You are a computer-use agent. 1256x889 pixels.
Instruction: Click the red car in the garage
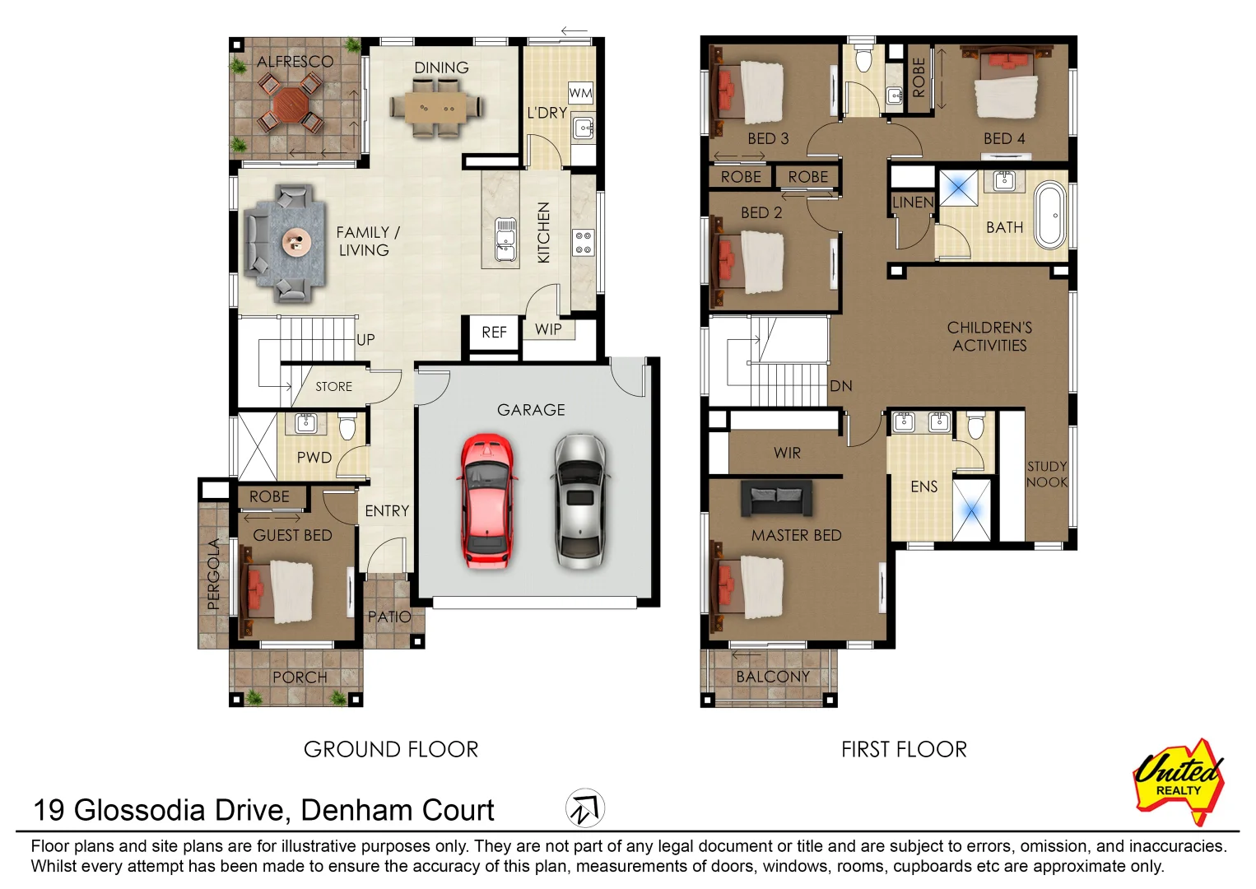(x=487, y=501)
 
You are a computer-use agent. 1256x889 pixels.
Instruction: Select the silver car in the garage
(x=580, y=501)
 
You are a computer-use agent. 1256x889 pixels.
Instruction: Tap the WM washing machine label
(x=580, y=92)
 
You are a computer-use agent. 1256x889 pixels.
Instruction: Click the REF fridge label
(x=494, y=333)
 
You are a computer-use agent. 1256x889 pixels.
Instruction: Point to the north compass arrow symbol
(x=585, y=808)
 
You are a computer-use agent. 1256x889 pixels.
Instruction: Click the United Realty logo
(x=1179, y=782)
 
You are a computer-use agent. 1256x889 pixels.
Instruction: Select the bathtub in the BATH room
(x=1049, y=215)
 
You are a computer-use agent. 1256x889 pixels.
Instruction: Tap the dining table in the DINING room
(x=437, y=107)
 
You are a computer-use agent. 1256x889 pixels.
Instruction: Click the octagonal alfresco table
(x=290, y=106)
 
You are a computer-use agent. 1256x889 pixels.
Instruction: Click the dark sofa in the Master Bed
(x=776, y=498)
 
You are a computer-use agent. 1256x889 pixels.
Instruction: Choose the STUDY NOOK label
(x=1047, y=474)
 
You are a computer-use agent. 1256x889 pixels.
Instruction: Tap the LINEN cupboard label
(x=913, y=202)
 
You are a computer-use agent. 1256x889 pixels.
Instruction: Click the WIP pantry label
(x=548, y=329)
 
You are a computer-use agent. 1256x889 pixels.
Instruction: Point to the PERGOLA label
(x=213, y=574)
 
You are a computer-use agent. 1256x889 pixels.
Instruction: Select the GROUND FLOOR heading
(x=391, y=749)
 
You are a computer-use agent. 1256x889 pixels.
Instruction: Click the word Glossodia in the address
(x=139, y=810)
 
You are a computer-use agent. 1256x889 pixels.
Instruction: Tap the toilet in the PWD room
(x=347, y=427)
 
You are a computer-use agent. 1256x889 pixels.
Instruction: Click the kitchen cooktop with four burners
(x=584, y=242)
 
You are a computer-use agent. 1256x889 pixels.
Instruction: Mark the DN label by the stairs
(x=841, y=386)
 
